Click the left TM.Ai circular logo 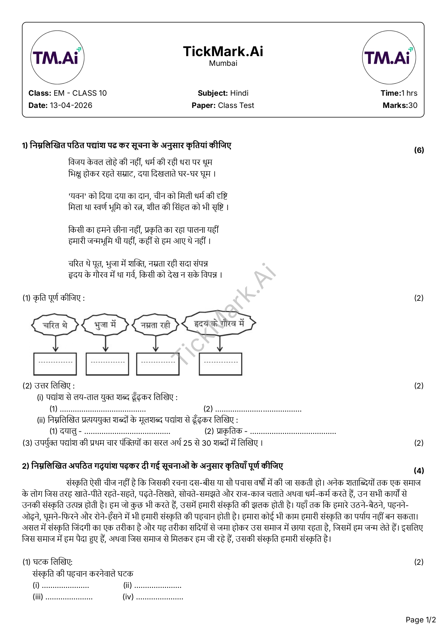[57, 58]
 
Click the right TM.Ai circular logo [389, 58]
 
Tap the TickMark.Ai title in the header [223, 51]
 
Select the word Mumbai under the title [223, 63]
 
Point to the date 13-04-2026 [71, 105]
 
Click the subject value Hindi [239, 93]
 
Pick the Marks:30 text [400, 105]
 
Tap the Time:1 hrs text [399, 93]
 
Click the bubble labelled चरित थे [55, 325]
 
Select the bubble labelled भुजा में [105, 325]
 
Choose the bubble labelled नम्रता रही [155, 325]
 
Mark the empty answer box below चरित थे [55, 364]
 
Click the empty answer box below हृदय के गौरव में [220, 364]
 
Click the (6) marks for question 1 [419, 150]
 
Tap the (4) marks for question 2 [419, 471]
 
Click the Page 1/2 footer [420, 619]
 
